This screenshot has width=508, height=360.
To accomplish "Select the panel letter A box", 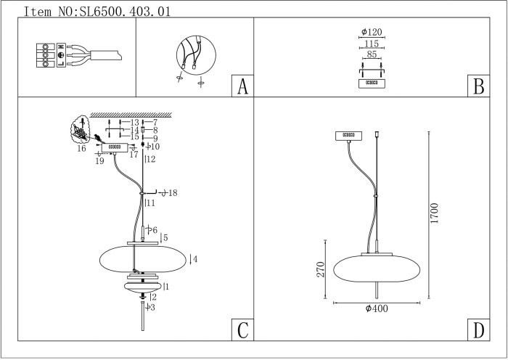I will [x=242, y=86].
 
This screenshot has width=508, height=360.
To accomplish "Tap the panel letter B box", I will [x=478, y=86].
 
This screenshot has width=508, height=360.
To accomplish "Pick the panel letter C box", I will [x=242, y=330].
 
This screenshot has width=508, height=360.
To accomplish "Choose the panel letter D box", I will [x=478, y=330].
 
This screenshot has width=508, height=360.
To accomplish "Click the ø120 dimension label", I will [x=372, y=33].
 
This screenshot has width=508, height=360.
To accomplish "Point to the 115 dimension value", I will [x=372, y=43].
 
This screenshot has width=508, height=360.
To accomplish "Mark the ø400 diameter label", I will [x=377, y=309].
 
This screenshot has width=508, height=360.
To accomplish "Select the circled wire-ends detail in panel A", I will [x=195, y=57].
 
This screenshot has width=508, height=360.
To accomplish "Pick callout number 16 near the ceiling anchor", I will [x=81, y=148].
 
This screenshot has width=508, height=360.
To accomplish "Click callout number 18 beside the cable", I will [x=173, y=193].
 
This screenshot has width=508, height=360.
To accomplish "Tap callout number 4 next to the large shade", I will [x=194, y=258].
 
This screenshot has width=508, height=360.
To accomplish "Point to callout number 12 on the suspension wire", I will [x=151, y=159].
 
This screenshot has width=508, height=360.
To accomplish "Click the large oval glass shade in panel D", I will [x=377, y=268].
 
